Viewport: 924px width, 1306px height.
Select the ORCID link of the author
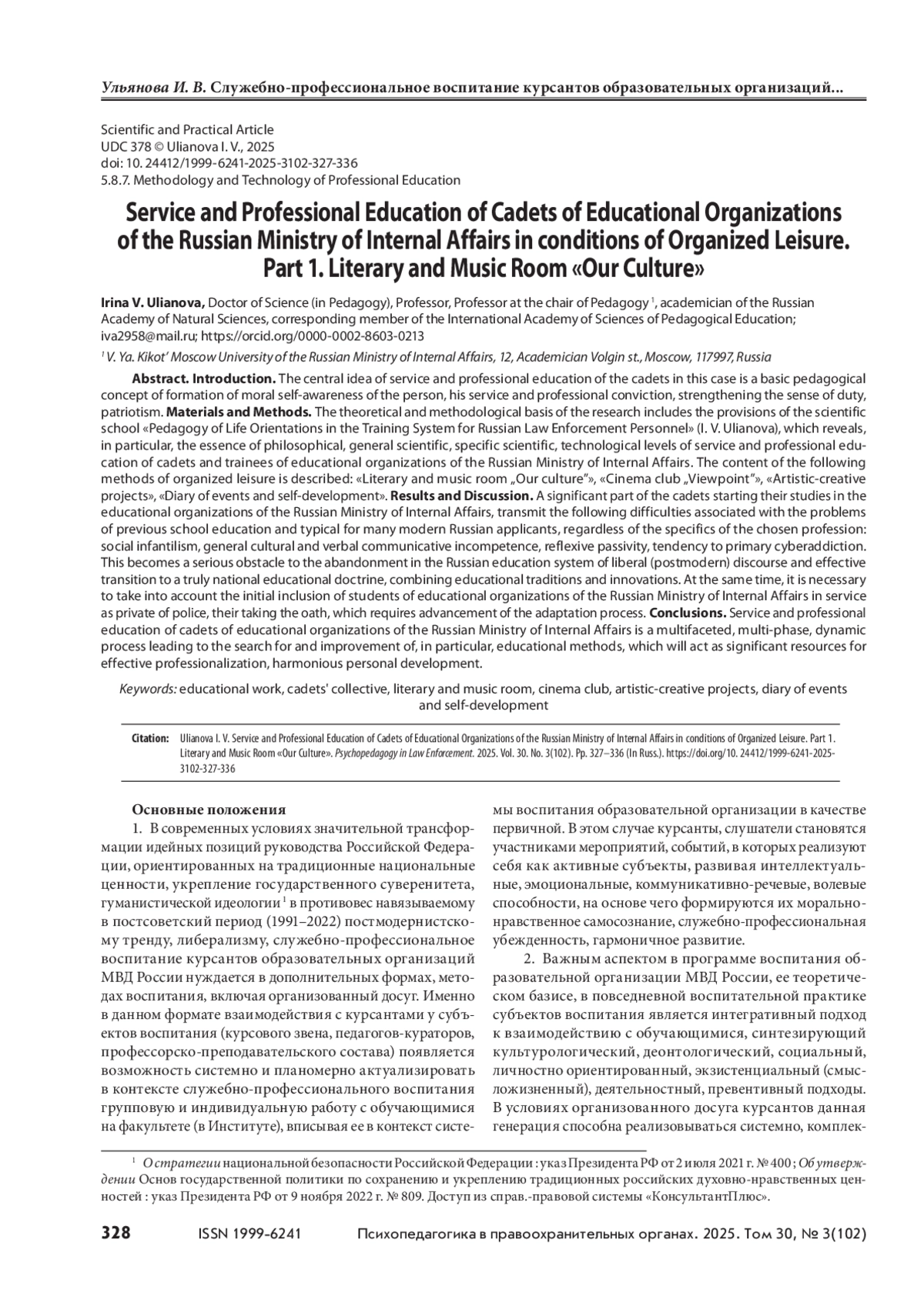coord(313,336)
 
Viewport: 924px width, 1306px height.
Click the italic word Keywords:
coord(149,689)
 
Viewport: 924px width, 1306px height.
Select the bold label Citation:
coord(150,738)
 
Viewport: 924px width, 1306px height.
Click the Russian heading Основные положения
coord(209,810)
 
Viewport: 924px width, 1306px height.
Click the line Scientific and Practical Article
coord(187,130)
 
